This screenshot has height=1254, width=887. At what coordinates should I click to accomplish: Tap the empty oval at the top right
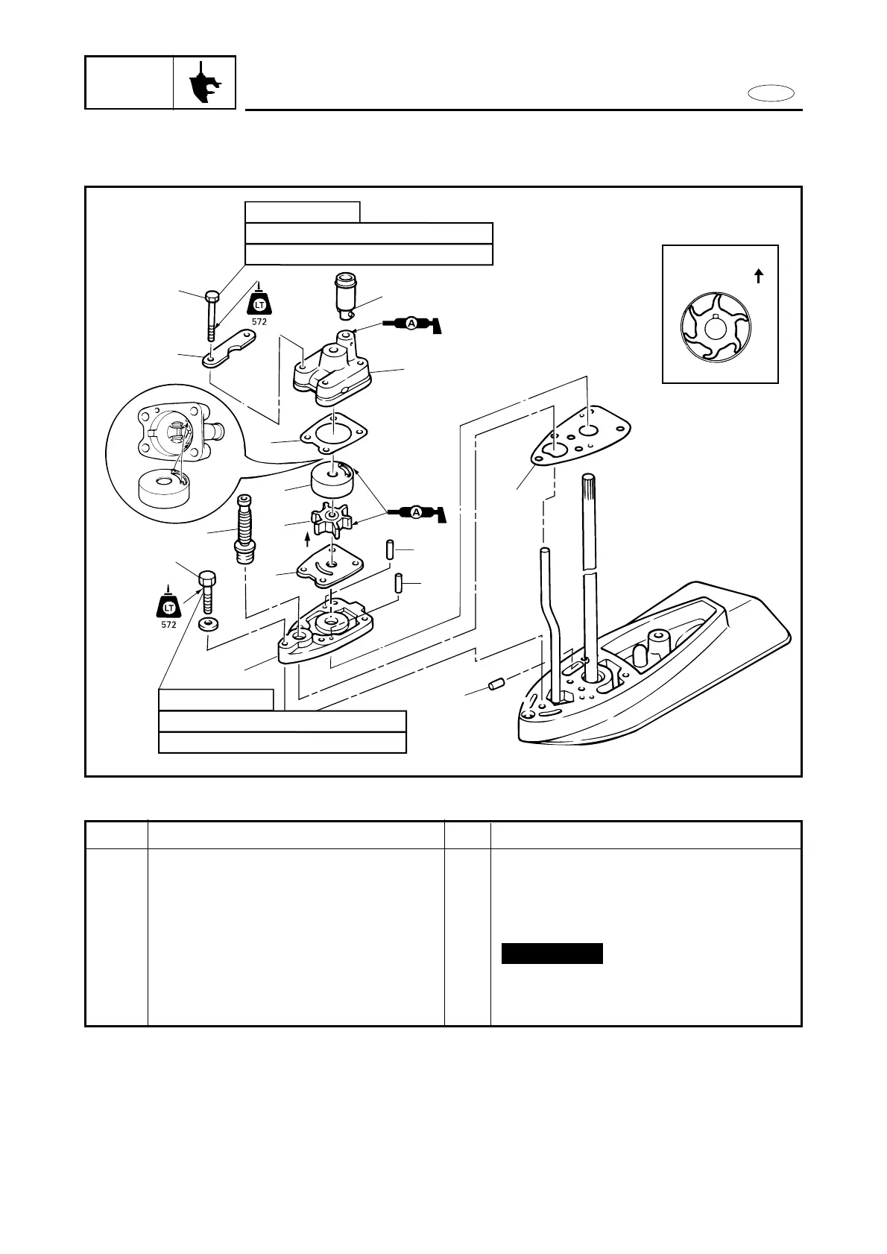point(771,93)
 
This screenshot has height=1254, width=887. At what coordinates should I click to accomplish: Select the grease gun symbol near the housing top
point(412,324)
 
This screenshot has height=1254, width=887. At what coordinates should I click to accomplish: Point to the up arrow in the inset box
point(758,276)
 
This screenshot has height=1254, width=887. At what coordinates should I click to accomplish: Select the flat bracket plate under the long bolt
point(229,349)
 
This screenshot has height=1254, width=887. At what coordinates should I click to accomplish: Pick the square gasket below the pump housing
point(333,432)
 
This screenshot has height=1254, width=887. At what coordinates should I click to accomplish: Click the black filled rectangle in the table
point(552,954)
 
